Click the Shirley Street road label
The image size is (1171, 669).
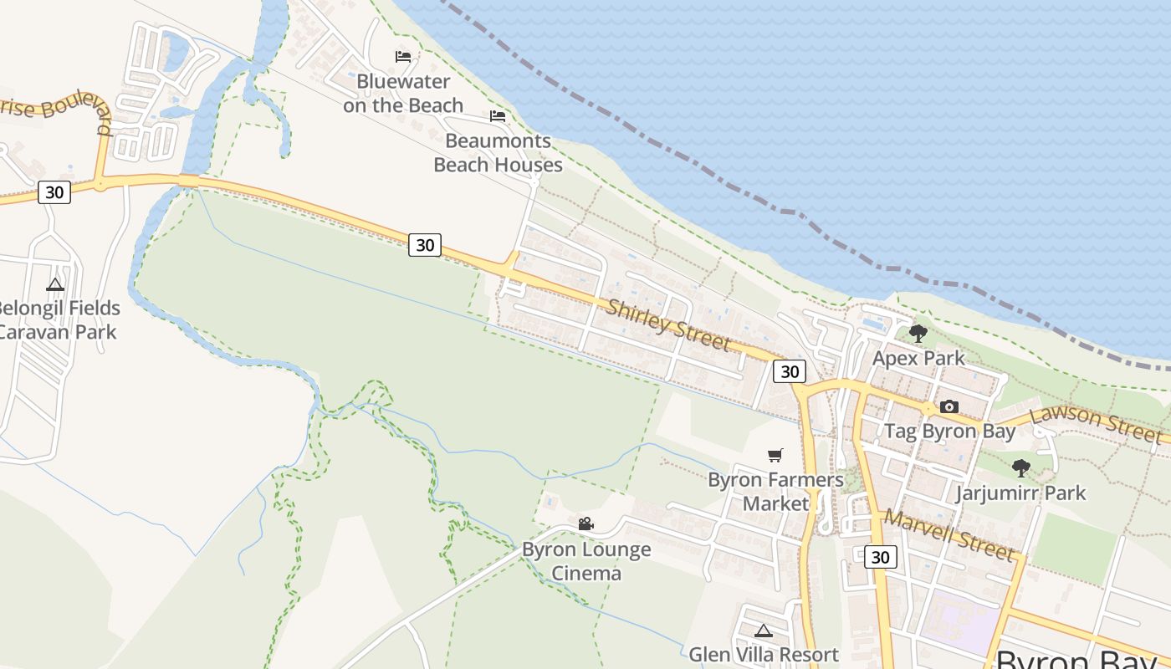coord(668,325)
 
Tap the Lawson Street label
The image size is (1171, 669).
coord(1097,424)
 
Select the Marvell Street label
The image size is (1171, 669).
coord(949,535)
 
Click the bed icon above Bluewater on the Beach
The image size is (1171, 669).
coord(403,57)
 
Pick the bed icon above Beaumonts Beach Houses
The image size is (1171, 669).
coord(498,116)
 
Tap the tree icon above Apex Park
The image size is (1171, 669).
coord(918,334)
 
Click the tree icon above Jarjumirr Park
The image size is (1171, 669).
coord(1020,468)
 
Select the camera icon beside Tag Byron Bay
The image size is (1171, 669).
coord(949,407)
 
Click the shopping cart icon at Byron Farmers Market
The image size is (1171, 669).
coord(775,456)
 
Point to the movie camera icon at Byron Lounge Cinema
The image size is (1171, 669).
coord(585,524)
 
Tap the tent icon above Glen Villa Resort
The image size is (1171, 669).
coord(763,631)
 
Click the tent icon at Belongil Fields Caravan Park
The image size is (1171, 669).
coord(55,284)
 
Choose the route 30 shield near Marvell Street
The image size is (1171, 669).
coord(880,557)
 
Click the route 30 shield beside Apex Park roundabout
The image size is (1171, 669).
coord(789,371)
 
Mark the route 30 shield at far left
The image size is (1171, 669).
coord(54,192)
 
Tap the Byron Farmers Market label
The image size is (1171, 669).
coord(775,492)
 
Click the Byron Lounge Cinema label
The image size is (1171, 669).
coord(585,561)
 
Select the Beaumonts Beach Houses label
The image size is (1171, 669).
coord(498,153)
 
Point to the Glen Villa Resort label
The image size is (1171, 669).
coord(763,655)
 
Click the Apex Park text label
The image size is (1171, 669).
coord(918,359)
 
